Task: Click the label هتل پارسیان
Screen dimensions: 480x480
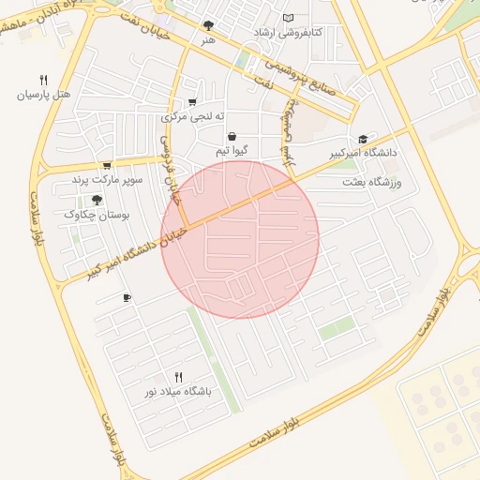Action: [x=42, y=96]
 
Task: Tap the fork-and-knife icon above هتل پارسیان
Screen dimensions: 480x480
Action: [x=43, y=80]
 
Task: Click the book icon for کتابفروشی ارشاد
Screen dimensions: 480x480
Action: [x=288, y=18]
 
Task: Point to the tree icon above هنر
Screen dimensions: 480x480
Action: [x=208, y=25]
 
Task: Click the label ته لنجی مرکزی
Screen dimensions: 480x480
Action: [x=194, y=117]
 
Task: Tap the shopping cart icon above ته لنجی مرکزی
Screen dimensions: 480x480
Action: [x=193, y=102]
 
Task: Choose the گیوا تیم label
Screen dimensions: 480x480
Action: [x=231, y=151]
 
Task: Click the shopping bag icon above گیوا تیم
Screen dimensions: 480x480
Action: [x=231, y=136]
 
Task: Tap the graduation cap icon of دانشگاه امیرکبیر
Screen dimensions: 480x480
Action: [x=363, y=138]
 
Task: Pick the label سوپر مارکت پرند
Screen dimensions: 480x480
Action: [x=107, y=179]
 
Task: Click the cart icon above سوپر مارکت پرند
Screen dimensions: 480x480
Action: [x=106, y=165]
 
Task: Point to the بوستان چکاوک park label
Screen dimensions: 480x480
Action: [x=97, y=215]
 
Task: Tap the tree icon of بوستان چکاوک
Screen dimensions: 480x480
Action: [x=97, y=200]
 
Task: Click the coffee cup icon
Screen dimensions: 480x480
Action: [x=127, y=298]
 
